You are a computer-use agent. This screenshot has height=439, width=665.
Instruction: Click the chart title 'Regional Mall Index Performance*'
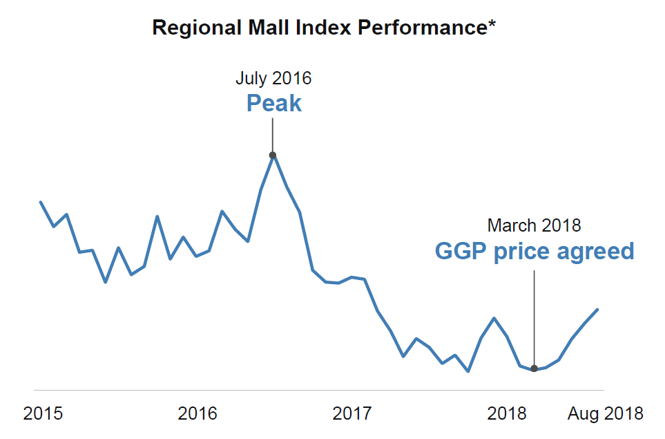tap(325, 28)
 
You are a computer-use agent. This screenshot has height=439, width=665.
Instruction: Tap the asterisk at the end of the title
tap(492, 25)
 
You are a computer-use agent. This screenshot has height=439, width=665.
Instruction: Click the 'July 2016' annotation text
tap(273, 78)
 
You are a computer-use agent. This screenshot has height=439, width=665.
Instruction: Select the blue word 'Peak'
tap(273, 104)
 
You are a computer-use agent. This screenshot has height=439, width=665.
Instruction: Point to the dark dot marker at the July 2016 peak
tap(273, 155)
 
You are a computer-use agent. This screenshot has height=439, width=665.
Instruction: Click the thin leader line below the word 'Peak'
tap(273, 135)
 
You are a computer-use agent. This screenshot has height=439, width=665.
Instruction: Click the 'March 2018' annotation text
tap(534, 225)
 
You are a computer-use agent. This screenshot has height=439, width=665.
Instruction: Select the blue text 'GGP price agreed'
tap(534, 251)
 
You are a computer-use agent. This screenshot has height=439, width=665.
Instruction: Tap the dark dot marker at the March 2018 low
tap(534, 368)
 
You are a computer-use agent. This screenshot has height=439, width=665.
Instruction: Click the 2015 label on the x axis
tap(43, 414)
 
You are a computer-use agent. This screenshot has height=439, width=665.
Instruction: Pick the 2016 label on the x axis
tap(197, 414)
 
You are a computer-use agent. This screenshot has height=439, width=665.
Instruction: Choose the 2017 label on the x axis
tap(352, 414)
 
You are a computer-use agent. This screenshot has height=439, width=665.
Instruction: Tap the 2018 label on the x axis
tap(507, 414)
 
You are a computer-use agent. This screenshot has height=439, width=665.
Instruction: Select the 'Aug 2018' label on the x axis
tap(605, 414)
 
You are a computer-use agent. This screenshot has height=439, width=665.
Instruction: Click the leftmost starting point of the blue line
tap(41, 202)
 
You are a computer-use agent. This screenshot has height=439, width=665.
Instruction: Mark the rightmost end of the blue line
tap(597, 309)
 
